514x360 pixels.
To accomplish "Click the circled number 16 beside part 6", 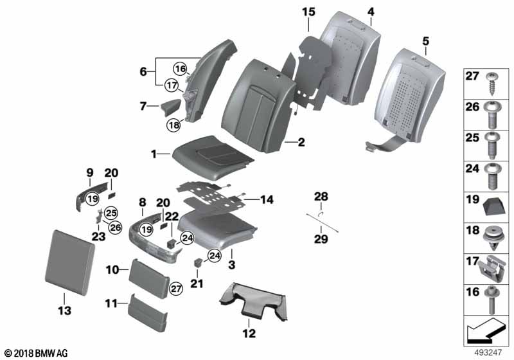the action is pos(180,69).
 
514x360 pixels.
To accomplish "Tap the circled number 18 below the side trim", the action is pos(173,125).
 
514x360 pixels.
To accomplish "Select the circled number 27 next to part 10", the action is pos(176,289).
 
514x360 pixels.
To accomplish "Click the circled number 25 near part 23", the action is pos(111,213).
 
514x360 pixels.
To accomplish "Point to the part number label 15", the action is pos(308,12).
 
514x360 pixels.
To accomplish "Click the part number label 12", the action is pos(249,334).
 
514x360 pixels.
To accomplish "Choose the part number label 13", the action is pos(65,310).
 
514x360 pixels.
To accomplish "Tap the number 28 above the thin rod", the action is pos(321,197).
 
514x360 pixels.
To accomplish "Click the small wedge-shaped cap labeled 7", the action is pos(170,107).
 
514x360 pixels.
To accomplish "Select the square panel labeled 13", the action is pos(70,262).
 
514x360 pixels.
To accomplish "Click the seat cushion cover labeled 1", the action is pos(213,157).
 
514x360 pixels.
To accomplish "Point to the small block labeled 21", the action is pos(199,262).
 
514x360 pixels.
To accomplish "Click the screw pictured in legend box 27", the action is pos(492,84).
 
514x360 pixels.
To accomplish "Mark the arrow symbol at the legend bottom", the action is pos(484,331).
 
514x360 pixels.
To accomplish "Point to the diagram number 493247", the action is pos(488,352).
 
